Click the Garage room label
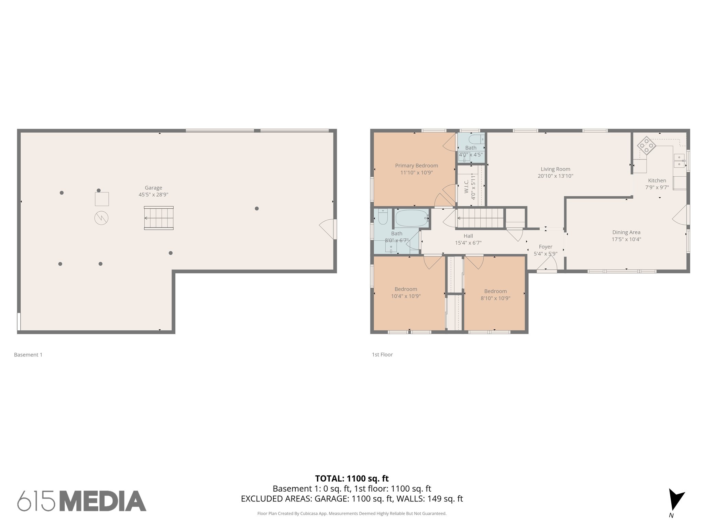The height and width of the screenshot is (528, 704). tap(153, 188)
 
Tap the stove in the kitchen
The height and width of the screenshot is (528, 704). tap(646, 146)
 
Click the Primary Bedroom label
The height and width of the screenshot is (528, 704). tap(416, 166)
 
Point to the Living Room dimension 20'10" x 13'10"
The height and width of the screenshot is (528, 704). tap(555, 176)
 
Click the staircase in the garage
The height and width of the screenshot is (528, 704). tap(159, 218)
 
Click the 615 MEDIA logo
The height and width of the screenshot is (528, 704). tap(82, 501)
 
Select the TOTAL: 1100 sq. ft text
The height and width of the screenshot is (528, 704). tap(352, 478)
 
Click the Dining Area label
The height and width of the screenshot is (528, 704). tap(626, 232)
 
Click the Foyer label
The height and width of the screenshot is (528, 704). tap(546, 247)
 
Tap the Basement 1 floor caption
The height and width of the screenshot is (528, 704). tap(28, 355)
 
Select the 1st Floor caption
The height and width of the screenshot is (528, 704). tap(382, 354)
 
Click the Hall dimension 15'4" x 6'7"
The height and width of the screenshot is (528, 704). tap(468, 243)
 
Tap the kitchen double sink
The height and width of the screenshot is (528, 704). tap(679, 161)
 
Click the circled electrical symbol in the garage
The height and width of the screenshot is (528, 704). tap(101, 218)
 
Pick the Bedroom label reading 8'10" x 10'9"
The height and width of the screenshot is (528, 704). tap(495, 298)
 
